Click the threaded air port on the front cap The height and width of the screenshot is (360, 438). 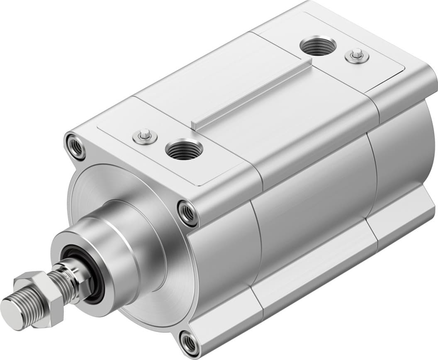pyautogui.click(x=184, y=150)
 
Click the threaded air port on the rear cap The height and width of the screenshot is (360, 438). pyautogui.click(x=318, y=45)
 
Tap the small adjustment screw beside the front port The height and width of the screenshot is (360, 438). pyautogui.click(x=145, y=135)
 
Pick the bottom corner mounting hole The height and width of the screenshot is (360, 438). pyautogui.click(x=190, y=343)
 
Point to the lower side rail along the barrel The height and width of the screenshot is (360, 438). pyautogui.click(x=315, y=270)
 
